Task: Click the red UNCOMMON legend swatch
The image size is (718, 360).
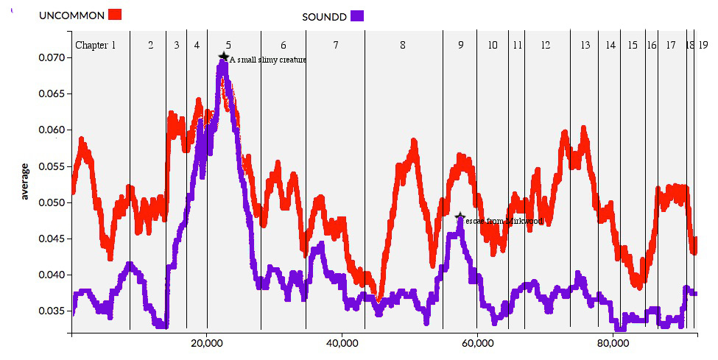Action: click(x=115, y=14)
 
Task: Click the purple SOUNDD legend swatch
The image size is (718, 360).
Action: click(x=357, y=16)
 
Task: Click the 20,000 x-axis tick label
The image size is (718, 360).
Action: click(x=207, y=343)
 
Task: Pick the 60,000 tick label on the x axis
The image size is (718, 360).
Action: click(x=477, y=343)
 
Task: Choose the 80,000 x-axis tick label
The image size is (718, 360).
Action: click(x=613, y=343)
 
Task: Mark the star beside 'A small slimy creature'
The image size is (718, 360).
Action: click(x=224, y=57)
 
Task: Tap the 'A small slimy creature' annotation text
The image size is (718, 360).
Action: click(x=267, y=60)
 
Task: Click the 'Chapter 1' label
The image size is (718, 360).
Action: click(x=96, y=45)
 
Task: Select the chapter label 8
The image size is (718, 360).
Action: click(x=403, y=45)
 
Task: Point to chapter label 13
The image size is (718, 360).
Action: click(x=585, y=45)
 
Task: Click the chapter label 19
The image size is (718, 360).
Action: click(x=703, y=45)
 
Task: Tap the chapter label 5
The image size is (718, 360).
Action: click(x=228, y=45)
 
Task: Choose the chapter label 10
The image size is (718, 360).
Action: click(x=493, y=45)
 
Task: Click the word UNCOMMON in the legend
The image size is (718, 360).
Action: click(x=71, y=15)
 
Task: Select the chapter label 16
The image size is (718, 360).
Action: click(x=652, y=45)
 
